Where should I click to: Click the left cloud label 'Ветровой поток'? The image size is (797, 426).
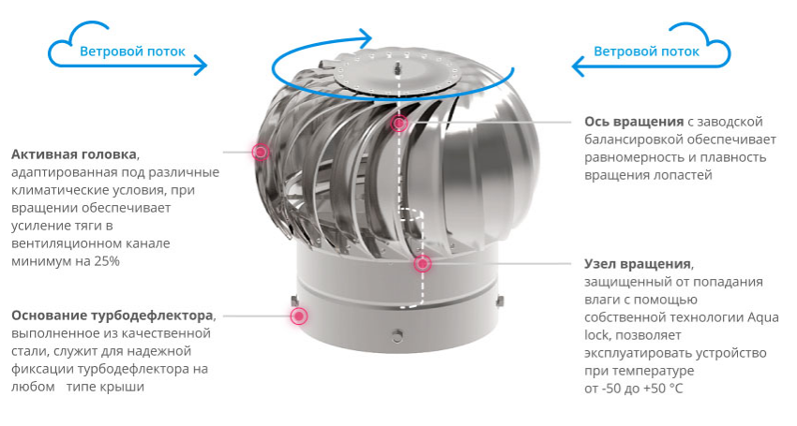pyautogui.click(x=132, y=51)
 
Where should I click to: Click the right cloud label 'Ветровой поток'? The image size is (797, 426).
pyautogui.click(x=647, y=51)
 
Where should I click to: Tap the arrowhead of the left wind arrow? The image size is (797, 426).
pyautogui.click(x=202, y=66)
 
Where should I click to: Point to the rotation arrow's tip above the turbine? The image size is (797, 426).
pyautogui.click(x=367, y=37)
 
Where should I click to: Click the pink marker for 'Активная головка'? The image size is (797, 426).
pyautogui.click(x=261, y=152)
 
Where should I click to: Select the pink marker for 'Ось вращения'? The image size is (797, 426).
pyautogui.click(x=399, y=123)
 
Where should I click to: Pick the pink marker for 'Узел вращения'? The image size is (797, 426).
pyautogui.click(x=422, y=263)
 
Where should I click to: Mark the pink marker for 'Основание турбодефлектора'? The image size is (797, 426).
pyautogui.click(x=299, y=316)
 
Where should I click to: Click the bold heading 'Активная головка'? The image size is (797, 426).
pyautogui.click(x=74, y=154)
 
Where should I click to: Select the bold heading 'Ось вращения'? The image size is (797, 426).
pyautogui.click(x=634, y=122)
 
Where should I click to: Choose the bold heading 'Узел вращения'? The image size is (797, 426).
pyautogui.click(x=638, y=263)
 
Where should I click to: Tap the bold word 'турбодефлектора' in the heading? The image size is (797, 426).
pyautogui.click(x=152, y=316)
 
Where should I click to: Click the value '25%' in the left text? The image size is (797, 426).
pyautogui.click(x=107, y=261)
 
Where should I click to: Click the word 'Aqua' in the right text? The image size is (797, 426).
pyautogui.click(x=763, y=317)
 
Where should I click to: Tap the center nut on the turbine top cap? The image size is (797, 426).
pyautogui.click(x=397, y=66)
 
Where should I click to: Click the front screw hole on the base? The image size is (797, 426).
pyautogui.click(x=398, y=335)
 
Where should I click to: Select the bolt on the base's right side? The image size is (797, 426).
pyautogui.click(x=500, y=301)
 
